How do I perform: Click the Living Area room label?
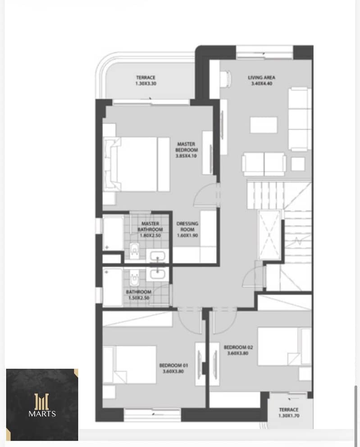pos(261,78)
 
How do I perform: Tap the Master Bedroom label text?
pos(187,147)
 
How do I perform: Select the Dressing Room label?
pos(187,226)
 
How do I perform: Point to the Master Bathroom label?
pos(150,226)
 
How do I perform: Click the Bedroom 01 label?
pos(173,365)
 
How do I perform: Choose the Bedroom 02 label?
pos(238,347)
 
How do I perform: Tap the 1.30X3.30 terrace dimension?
pos(146,83)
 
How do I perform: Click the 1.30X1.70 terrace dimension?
pos(289,415)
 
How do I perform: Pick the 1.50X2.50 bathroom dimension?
pos(139,298)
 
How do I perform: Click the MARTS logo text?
pos(42,414)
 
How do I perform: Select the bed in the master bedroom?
pos(137,164)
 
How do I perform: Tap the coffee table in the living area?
pos(264,125)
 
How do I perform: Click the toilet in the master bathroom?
pos(134,251)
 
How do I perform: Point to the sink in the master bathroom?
pos(157,256)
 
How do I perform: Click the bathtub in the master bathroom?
pos(114,233)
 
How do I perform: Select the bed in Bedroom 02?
pos(284,347)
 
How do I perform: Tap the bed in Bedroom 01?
pos(130,365)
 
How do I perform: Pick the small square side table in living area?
pos(298,164)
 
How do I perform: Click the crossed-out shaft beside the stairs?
pos(269,235)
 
